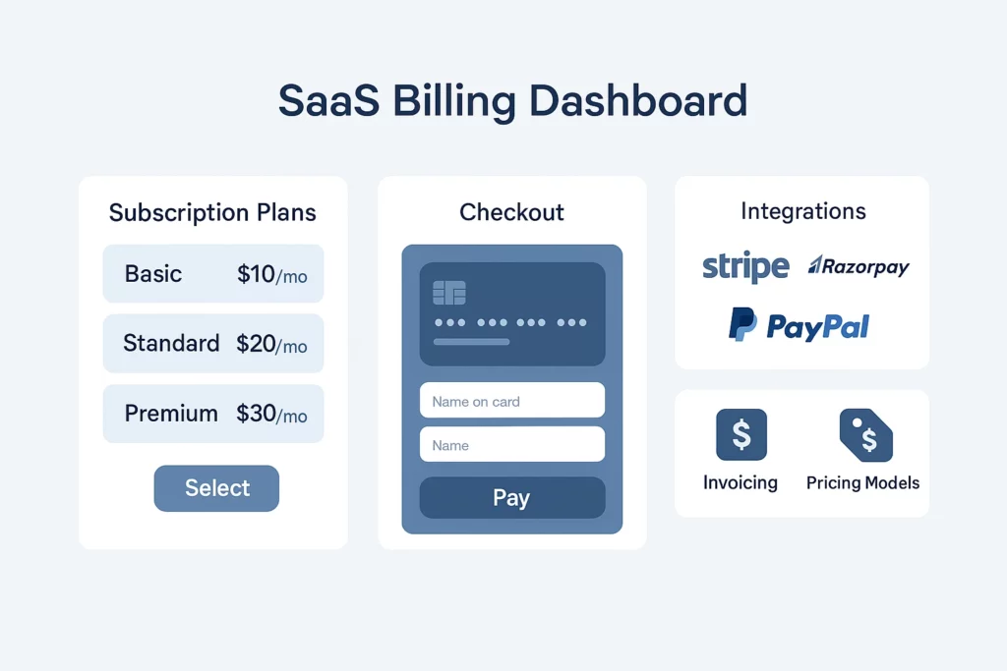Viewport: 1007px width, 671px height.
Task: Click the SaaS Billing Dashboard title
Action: pos(512,102)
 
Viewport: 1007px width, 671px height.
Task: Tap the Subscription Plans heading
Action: pos(212,212)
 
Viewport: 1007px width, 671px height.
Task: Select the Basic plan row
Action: pos(213,273)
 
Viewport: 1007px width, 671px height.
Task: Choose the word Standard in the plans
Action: pos(171,344)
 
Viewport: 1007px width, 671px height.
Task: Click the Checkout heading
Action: pos(511,212)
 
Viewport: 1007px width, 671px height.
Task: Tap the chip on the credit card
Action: pos(449,292)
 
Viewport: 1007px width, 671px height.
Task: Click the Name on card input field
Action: pos(511,401)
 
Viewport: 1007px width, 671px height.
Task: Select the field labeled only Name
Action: pos(511,445)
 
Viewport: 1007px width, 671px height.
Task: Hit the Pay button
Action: pos(511,498)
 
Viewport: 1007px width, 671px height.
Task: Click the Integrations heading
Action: pos(802,211)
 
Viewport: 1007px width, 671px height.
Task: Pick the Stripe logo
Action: pos(745,266)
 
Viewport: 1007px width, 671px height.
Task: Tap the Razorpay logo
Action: pos(859,266)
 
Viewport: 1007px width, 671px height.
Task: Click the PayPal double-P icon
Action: pos(741,324)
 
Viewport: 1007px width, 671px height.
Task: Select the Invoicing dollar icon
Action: pos(740,435)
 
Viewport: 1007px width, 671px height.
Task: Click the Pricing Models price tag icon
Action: pos(864,435)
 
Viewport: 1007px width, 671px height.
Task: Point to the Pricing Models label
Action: pos(862,482)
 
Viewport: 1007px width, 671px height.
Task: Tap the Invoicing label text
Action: pos(740,482)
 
